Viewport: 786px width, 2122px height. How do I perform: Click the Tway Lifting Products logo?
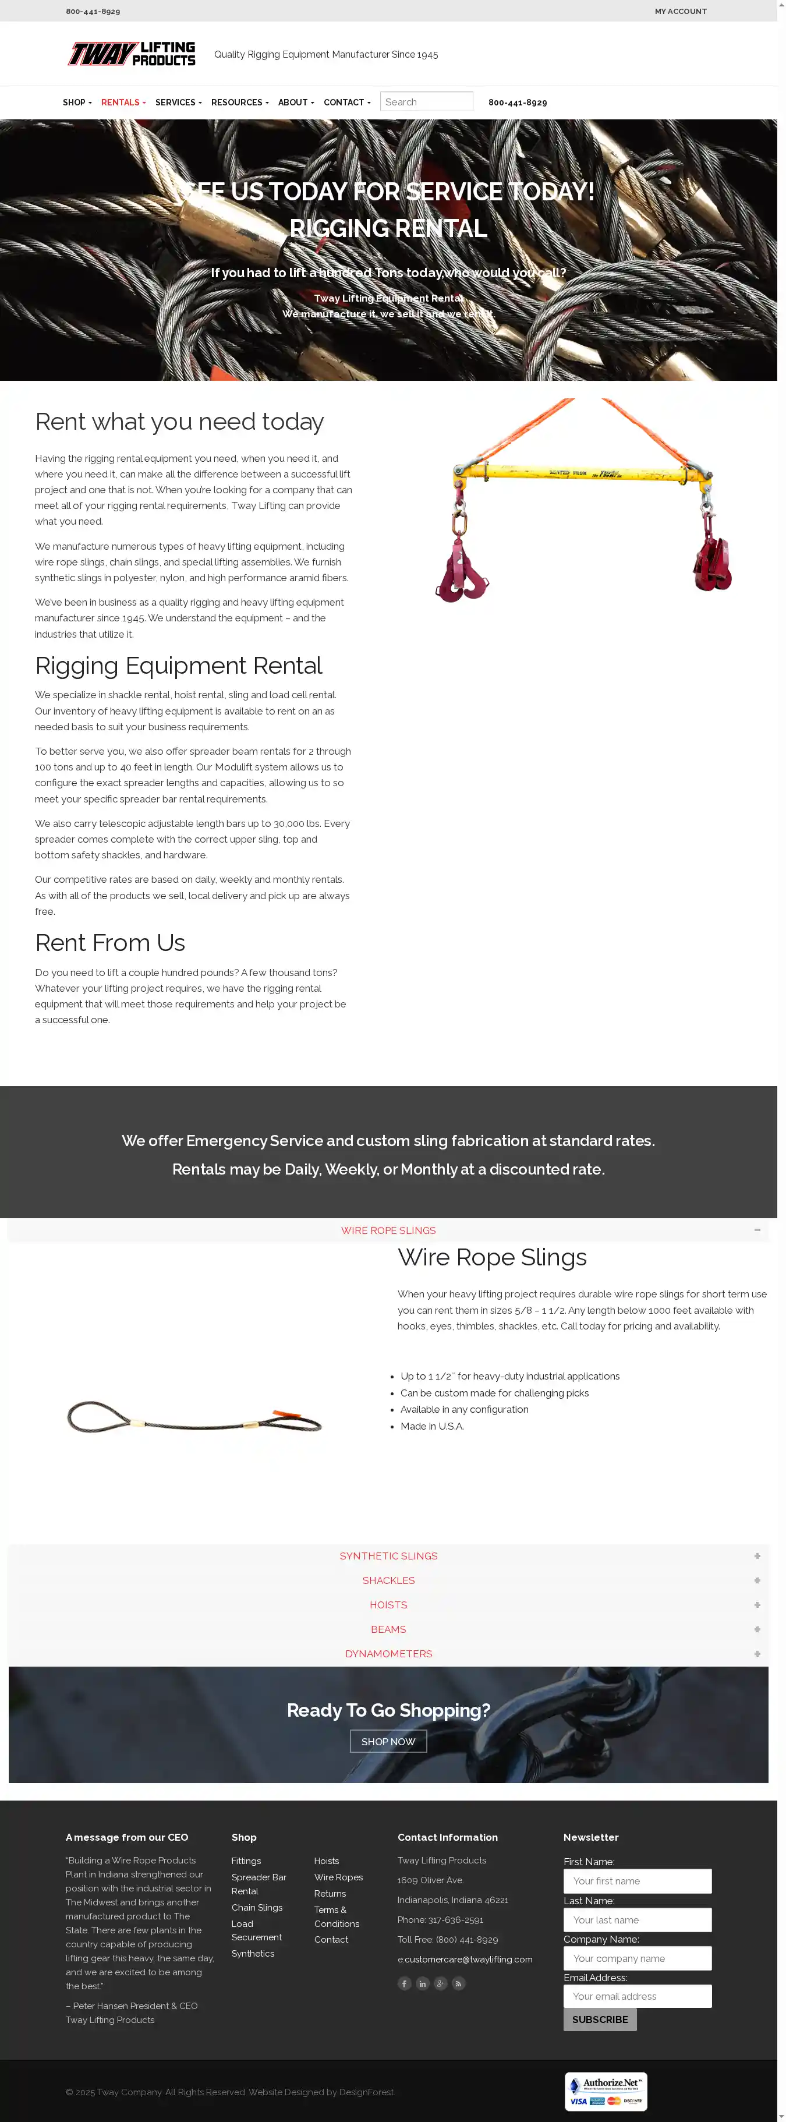132,54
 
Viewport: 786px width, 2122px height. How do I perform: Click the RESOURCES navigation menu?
239,102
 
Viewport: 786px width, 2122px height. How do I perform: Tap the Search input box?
426,101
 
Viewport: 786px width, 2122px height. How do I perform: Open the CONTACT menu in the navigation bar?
346,102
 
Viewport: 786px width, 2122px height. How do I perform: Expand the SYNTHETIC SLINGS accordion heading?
388,1556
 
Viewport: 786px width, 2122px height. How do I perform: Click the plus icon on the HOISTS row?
756,1605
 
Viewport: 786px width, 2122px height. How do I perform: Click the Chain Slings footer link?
256,1907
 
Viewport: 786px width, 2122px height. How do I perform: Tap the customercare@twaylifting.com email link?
468,1959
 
